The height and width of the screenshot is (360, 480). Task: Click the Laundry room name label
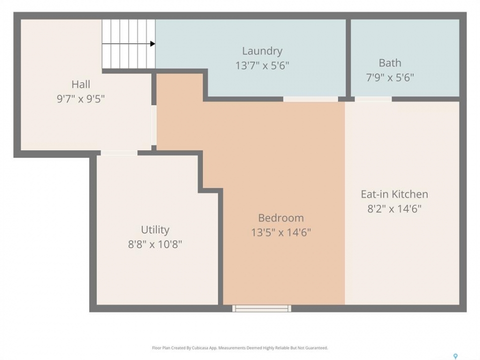tap(262, 51)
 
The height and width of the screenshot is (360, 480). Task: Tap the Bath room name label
tap(389, 63)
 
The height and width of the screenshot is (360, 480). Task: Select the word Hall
tap(81, 84)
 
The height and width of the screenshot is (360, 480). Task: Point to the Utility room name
tap(155, 230)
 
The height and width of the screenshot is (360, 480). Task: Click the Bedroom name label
tap(281, 218)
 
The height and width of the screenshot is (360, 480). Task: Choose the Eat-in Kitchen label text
tap(394, 194)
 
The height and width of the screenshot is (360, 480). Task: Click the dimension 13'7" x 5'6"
tap(262, 65)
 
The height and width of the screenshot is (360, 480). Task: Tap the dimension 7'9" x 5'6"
tap(390, 77)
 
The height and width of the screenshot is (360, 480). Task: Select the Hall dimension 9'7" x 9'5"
tap(81, 99)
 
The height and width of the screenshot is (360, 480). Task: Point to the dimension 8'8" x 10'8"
tap(155, 244)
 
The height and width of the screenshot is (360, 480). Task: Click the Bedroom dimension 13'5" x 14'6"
tap(281, 232)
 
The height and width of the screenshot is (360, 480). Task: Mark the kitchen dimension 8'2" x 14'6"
tap(394, 209)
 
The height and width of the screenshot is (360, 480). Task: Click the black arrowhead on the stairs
tap(153, 44)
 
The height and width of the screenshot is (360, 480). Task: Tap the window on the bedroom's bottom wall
tap(261, 308)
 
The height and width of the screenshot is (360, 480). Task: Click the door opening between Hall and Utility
tap(119, 153)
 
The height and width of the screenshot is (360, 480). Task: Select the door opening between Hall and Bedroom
tap(154, 125)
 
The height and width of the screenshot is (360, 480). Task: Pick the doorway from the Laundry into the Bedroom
tap(310, 99)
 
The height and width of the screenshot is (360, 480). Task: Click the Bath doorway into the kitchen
tap(373, 99)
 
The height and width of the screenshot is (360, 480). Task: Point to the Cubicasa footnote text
tap(239, 348)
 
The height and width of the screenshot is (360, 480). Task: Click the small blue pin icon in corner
tap(455, 356)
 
